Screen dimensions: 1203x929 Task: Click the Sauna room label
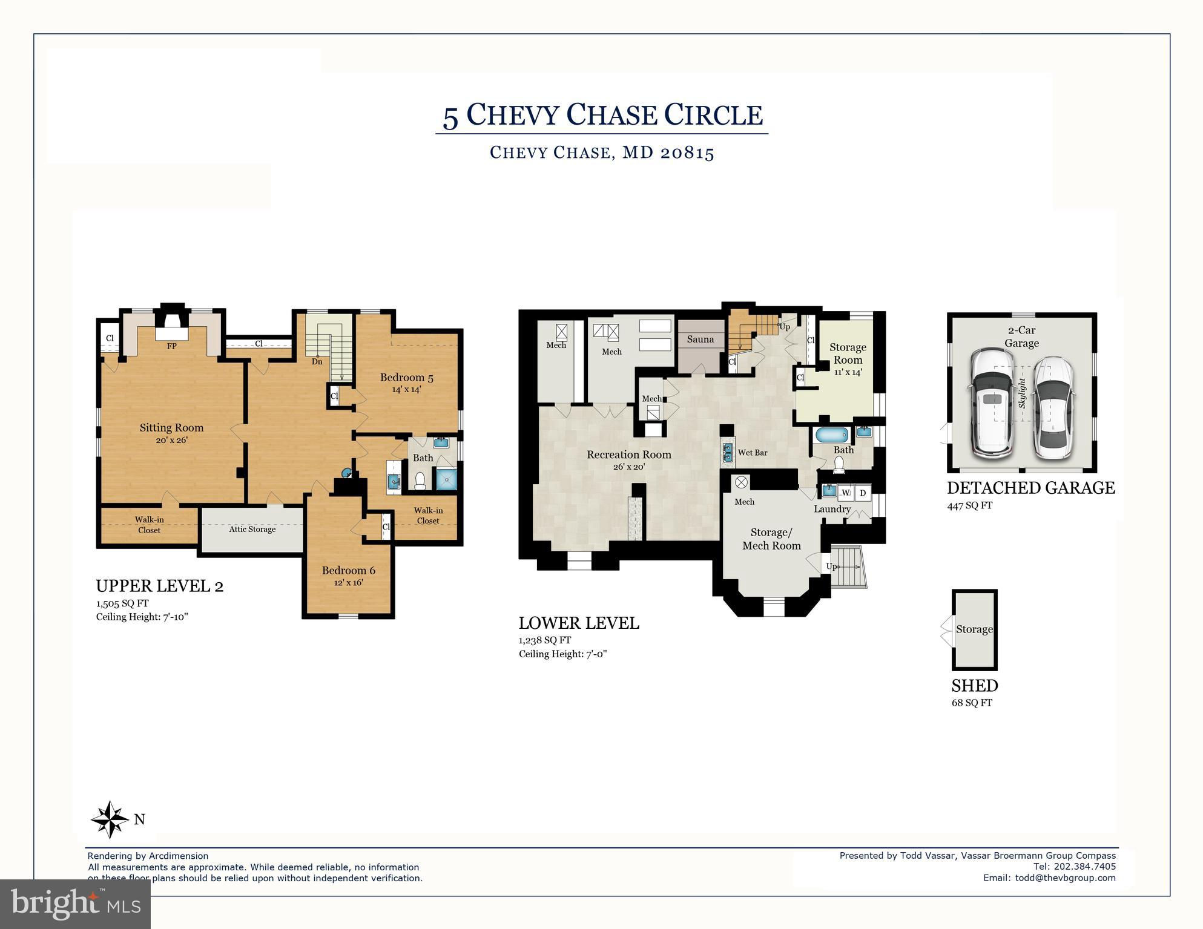tap(700, 339)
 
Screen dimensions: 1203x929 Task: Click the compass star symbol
tap(110, 819)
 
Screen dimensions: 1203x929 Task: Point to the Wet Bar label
tap(753, 453)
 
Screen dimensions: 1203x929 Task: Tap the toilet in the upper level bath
tap(420, 481)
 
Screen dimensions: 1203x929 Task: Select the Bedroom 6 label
tap(349, 570)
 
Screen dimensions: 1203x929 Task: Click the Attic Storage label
tap(252, 529)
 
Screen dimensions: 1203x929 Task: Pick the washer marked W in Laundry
tap(846, 493)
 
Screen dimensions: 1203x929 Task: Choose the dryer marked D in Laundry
tap(863, 493)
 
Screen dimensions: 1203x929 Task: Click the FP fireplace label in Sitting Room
tap(172, 346)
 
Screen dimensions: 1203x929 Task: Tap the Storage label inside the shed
tap(974, 629)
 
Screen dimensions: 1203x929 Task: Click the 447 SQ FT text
tap(970, 505)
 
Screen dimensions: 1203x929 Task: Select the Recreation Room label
tap(629, 455)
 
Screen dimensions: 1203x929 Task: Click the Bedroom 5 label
tap(406, 378)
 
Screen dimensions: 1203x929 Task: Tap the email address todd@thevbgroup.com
tap(1065, 878)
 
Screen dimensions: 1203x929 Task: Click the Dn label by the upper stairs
tap(317, 362)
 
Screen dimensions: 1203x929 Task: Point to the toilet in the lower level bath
tap(839, 464)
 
